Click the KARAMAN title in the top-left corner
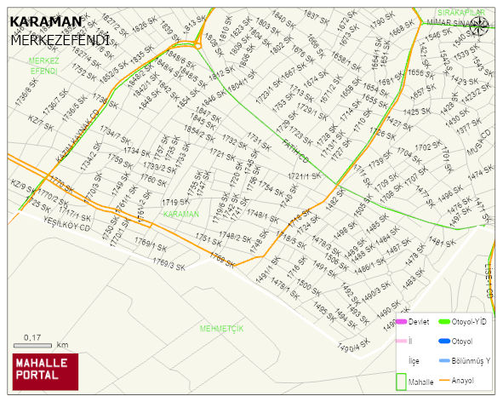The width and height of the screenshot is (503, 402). [46, 21]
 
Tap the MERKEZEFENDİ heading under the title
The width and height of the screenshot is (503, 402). [60, 39]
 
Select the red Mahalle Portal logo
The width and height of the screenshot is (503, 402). [44, 370]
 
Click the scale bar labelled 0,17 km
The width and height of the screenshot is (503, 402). [35, 344]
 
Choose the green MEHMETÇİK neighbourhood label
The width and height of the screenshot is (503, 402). [221, 328]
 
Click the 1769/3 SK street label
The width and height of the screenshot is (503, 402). [169, 266]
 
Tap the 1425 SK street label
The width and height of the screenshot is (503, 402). [417, 112]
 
